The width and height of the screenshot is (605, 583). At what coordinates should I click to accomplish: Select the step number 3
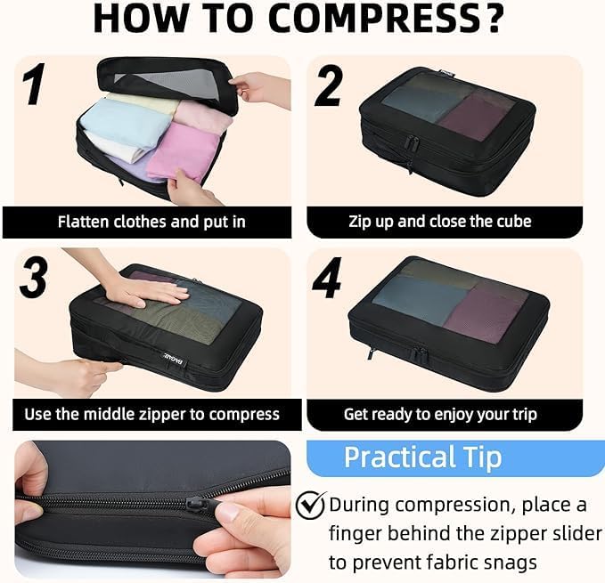click(34, 279)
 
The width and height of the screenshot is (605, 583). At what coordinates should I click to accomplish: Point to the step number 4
click(327, 279)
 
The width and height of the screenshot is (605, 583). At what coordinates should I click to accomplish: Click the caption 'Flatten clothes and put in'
click(151, 222)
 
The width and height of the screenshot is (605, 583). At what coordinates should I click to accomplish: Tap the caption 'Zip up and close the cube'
click(440, 222)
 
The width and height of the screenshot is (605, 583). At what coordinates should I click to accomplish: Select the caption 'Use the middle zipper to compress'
click(151, 414)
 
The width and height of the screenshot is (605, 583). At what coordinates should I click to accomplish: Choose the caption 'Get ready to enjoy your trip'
click(440, 414)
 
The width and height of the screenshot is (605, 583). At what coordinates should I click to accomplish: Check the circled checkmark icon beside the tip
click(311, 506)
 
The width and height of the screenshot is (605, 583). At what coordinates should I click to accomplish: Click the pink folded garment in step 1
click(190, 142)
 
